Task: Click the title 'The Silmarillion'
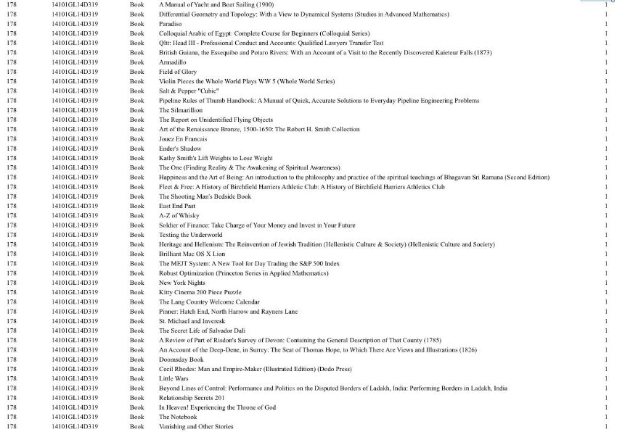(x=179, y=110)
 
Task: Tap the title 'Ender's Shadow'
(x=180, y=149)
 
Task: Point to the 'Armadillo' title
(x=173, y=62)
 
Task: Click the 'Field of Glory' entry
(x=178, y=72)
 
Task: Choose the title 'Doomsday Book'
(x=181, y=360)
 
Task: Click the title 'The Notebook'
(x=178, y=417)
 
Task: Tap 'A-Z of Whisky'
(x=179, y=215)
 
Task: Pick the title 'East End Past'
(x=177, y=206)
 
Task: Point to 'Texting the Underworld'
(x=191, y=235)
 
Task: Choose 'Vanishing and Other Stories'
(x=196, y=427)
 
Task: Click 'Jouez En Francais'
(x=183, y=138)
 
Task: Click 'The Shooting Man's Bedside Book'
(x=205, y=196)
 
